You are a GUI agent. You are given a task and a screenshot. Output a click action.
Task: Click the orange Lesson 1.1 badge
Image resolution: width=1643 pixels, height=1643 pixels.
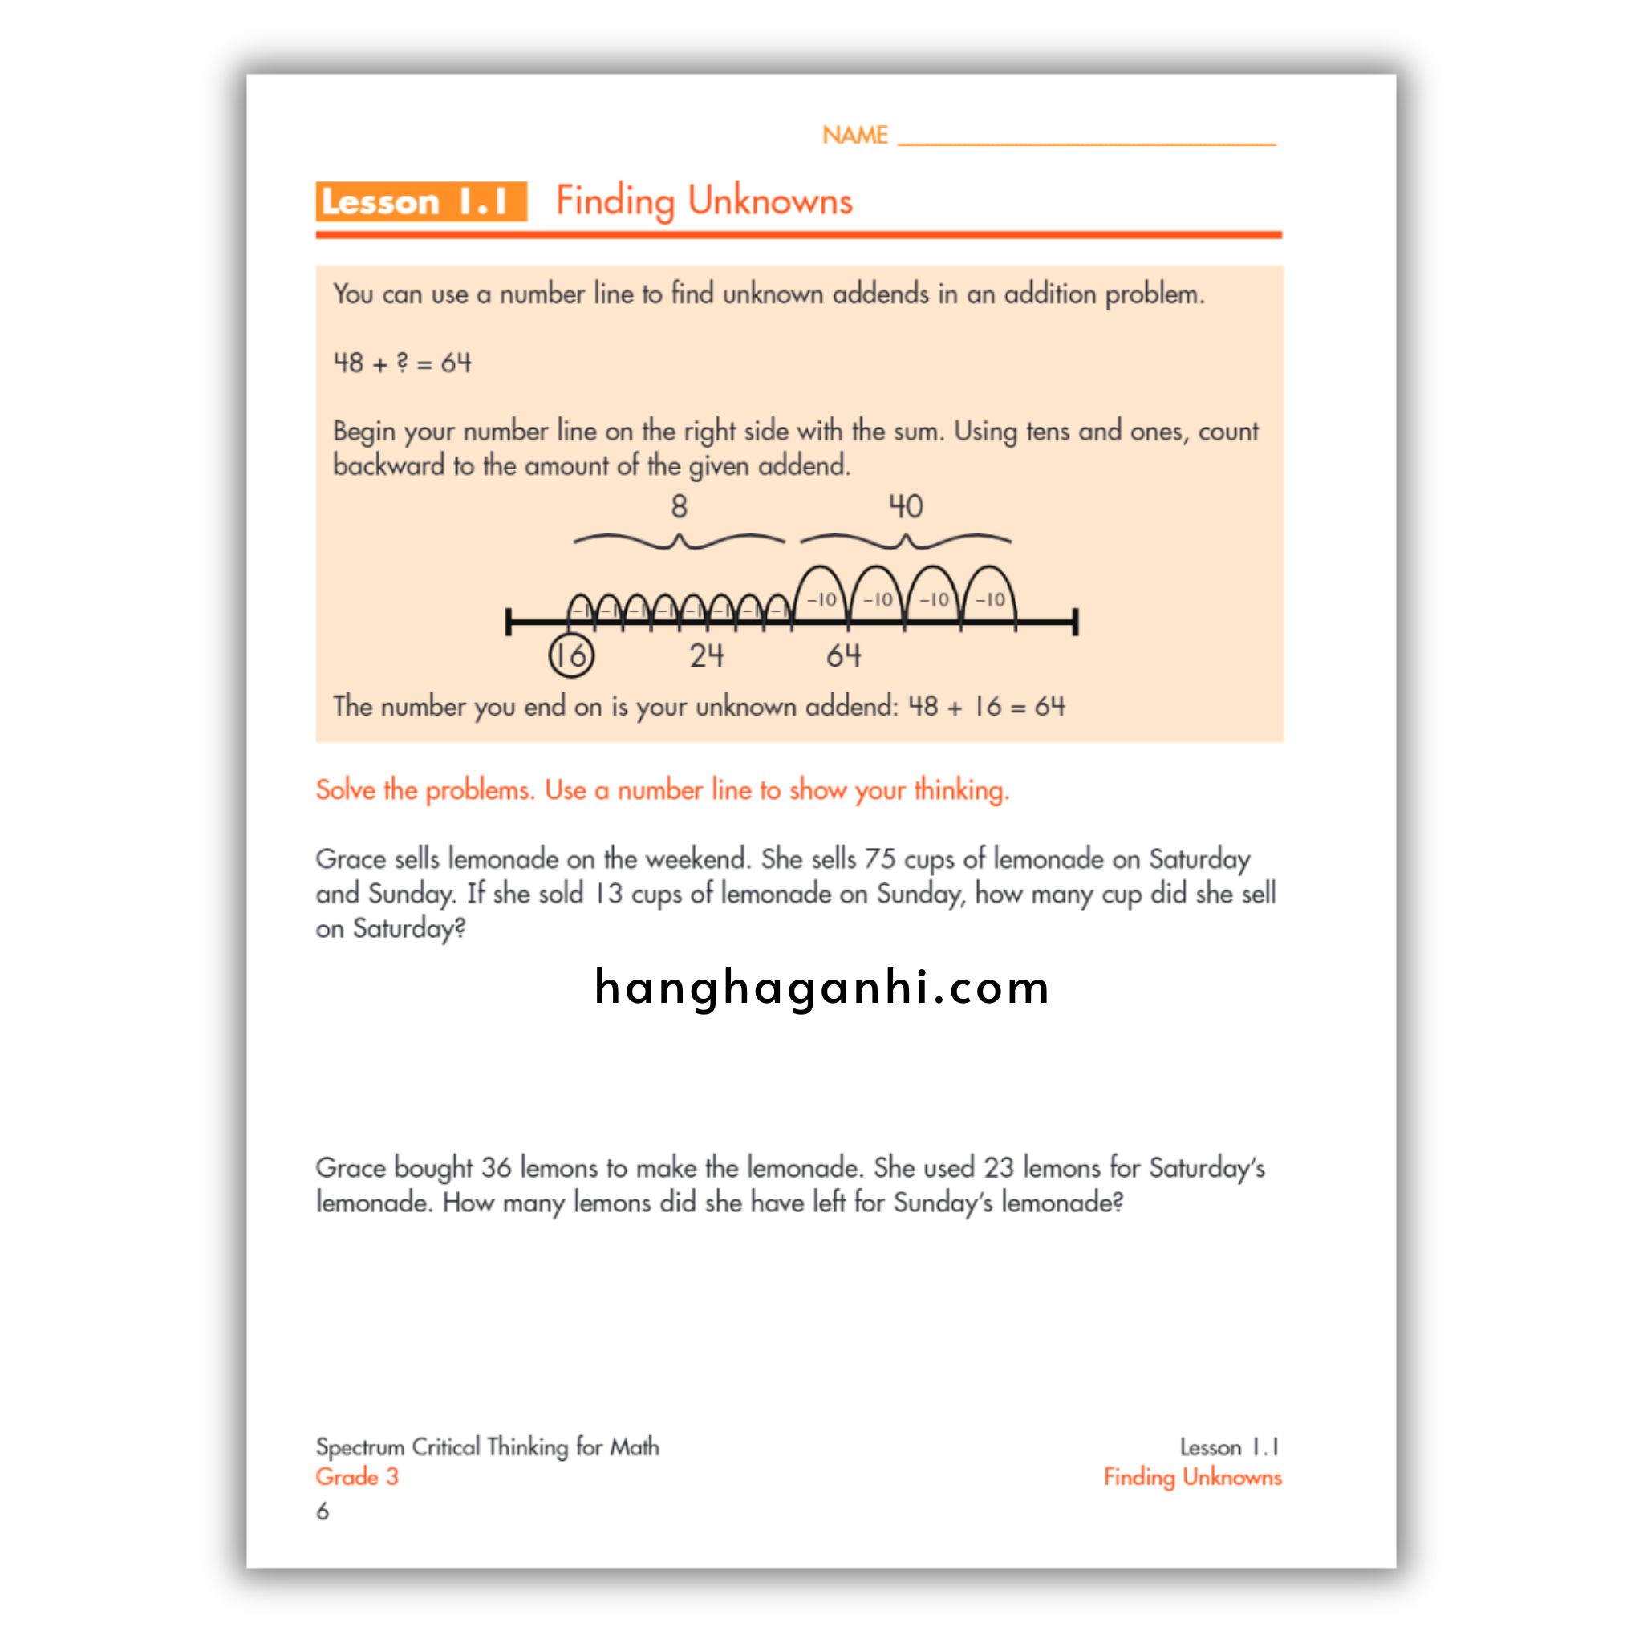point(421,201)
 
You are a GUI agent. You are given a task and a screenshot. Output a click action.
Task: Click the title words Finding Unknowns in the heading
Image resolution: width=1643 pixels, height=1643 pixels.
point(704,201)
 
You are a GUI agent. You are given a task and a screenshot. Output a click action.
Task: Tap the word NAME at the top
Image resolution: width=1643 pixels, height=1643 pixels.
point(854,136)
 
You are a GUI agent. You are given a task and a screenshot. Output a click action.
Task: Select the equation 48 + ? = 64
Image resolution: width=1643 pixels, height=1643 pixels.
point(402,363)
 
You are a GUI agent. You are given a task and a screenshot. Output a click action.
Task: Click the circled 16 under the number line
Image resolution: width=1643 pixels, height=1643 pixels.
point(570,655)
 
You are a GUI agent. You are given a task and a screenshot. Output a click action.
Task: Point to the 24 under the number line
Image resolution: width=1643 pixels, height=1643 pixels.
point(706,655)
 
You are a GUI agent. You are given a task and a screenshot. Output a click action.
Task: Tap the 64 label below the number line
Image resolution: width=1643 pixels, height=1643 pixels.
point(843,655)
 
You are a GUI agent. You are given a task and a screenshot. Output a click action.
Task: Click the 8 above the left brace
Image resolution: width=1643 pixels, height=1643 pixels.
point(679,507)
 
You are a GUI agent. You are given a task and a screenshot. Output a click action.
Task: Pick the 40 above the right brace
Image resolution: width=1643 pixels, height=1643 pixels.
point(905,507)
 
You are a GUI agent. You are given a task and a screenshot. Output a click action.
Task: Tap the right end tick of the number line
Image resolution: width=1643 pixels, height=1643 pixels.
point(1075,622)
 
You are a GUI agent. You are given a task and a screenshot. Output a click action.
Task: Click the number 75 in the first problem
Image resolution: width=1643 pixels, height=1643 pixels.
point(879,859)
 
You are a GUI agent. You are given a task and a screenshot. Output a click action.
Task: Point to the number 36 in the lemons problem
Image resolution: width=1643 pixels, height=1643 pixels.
point(496,1167)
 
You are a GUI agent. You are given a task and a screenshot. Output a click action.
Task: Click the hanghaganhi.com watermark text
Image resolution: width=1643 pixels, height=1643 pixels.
point(821,988)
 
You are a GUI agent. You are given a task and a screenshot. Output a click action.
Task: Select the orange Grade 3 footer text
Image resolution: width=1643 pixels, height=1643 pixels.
point(356,1476)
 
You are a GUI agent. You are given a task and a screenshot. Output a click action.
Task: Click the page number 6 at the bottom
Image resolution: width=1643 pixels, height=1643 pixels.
point(323,1511)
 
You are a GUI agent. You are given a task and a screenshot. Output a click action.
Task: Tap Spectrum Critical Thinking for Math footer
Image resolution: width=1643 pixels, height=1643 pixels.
point(486,1446)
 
